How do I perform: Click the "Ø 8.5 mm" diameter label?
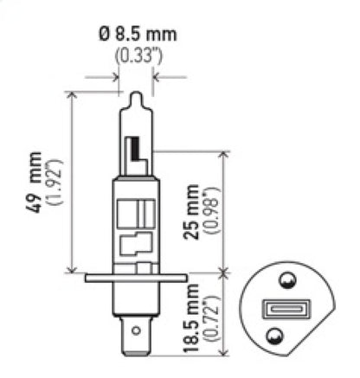(x=138, y=35)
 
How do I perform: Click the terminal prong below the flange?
(x=135, y=330)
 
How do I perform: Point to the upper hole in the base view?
(x=286, y=280)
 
